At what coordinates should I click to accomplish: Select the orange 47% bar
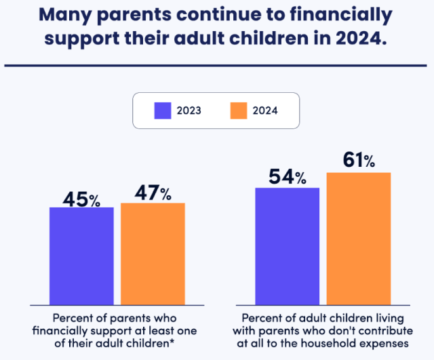(x=153, y=254)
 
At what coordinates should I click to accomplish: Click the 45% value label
(x=81, y=199)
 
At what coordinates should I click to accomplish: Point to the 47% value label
(x=153, y=194)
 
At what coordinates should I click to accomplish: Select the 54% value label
(x=288, y=178)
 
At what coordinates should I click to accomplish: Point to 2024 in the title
(x=362, y=37)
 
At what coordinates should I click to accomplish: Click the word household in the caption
(x=327, y=344)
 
